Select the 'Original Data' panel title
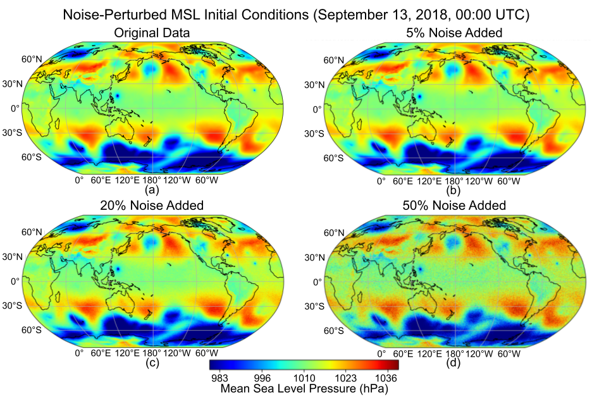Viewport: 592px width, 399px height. pos(151,33)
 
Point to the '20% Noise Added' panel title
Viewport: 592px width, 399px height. pos(151,206)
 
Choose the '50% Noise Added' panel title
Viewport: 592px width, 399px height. pos(453,206)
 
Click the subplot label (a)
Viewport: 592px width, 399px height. pos(151,189)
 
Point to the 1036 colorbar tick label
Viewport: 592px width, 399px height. pos(386,378)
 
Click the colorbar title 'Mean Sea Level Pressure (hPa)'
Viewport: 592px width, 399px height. pos(304,390)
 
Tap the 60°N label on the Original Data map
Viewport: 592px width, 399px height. pos(32,60)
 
